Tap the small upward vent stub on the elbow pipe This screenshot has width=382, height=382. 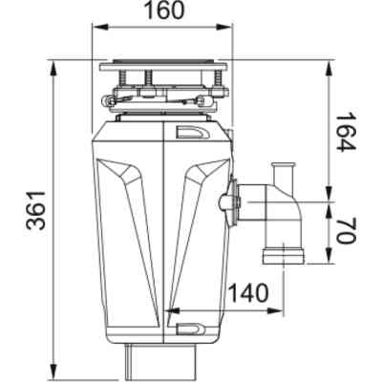pyautogui.click(x=283, y=175)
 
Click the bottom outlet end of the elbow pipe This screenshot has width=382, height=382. pyautogui.click(x=283, y=256)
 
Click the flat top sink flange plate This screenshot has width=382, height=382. pyautogui.click(x=162, y=68)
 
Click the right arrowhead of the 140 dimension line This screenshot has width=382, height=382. pyautogui.click(x=285, y=309)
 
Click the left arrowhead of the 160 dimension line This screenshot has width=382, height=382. pyautogui.click(x=95, y=30)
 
